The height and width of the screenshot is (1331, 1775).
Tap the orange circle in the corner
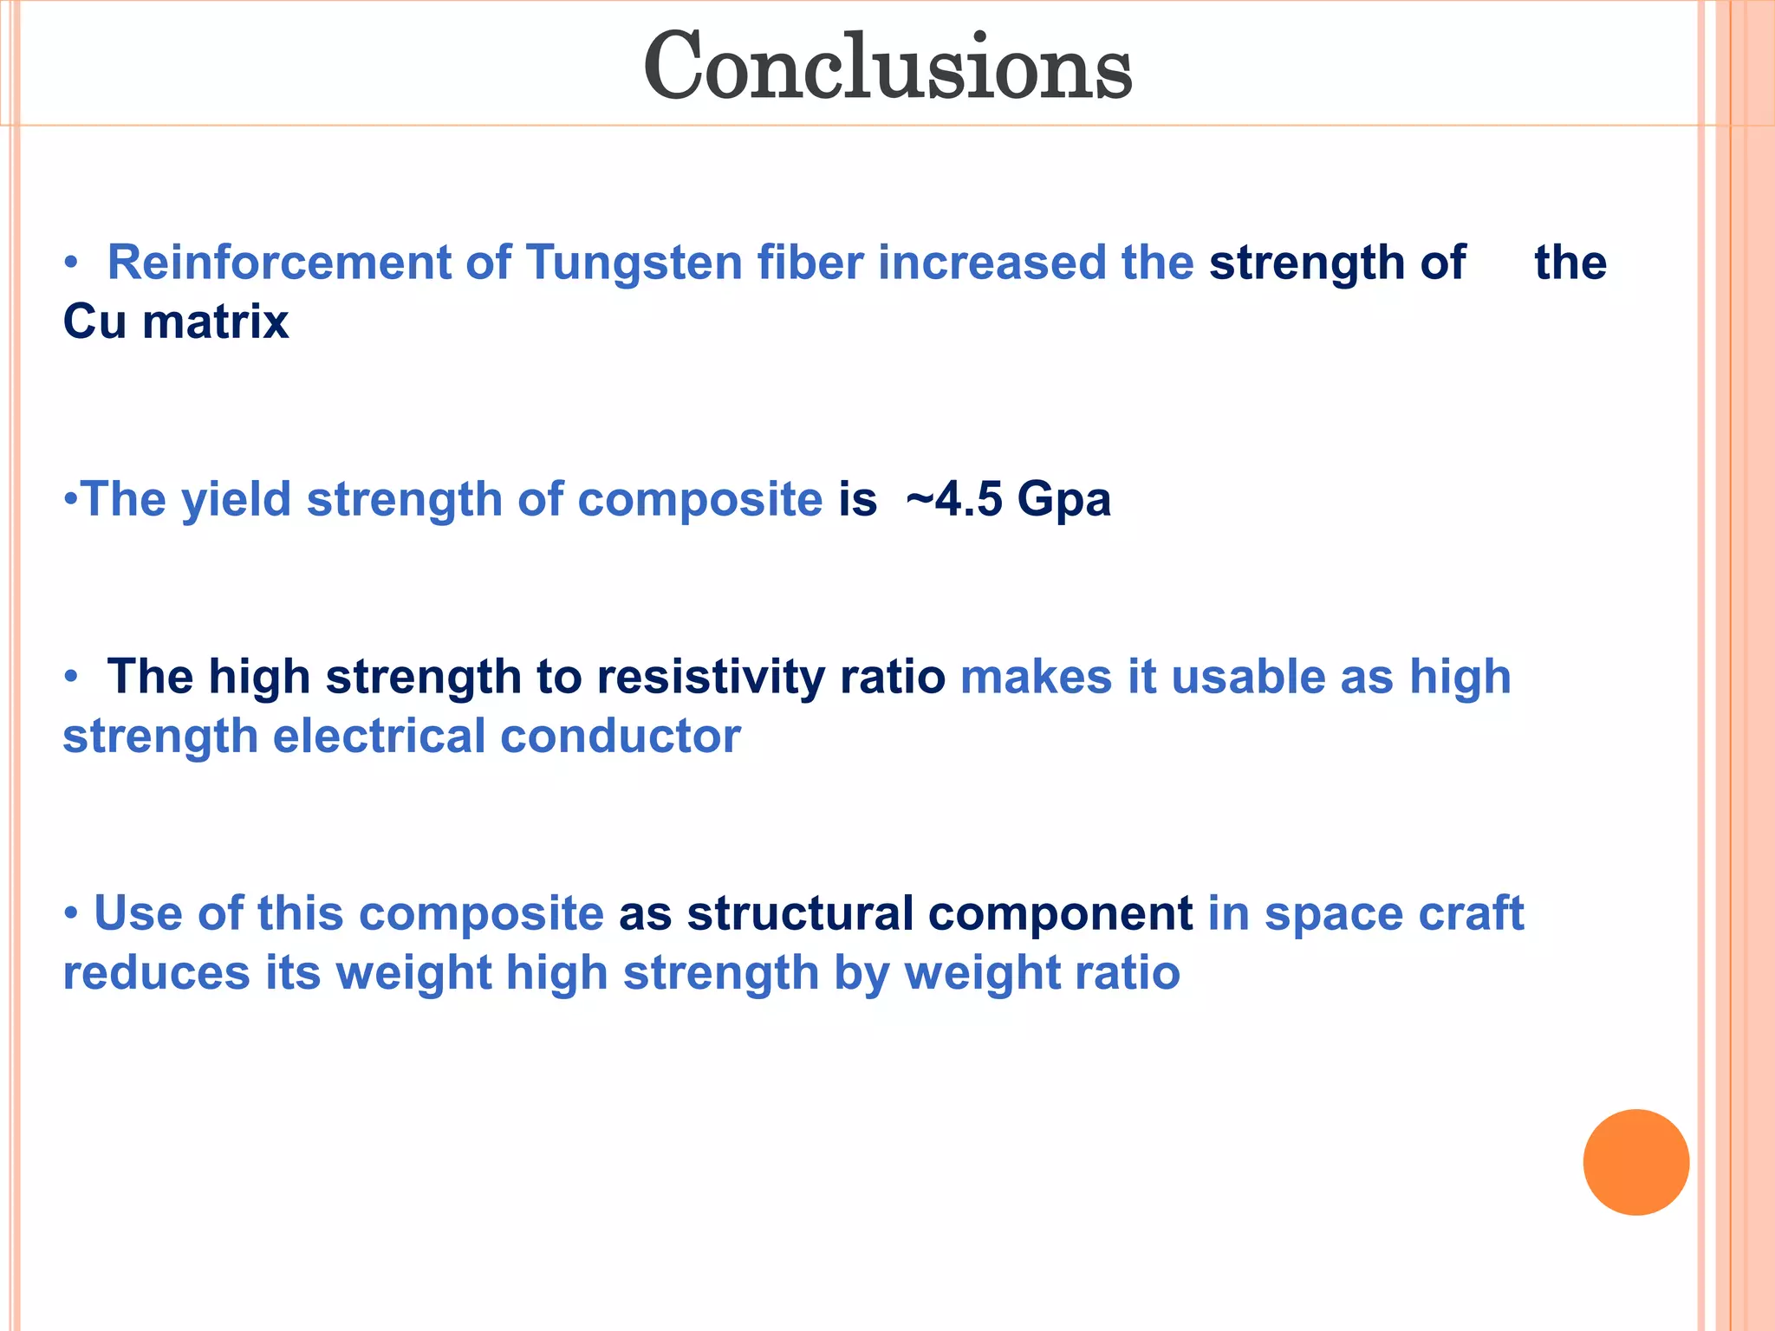1635,1162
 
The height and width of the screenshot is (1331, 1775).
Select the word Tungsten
634,263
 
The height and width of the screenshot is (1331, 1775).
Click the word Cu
94,322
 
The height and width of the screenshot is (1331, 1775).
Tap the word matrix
215,322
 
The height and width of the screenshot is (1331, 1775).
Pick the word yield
236,500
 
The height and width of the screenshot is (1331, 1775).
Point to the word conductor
621,737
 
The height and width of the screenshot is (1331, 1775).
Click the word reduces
157,972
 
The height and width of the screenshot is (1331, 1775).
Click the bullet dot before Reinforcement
71,263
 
